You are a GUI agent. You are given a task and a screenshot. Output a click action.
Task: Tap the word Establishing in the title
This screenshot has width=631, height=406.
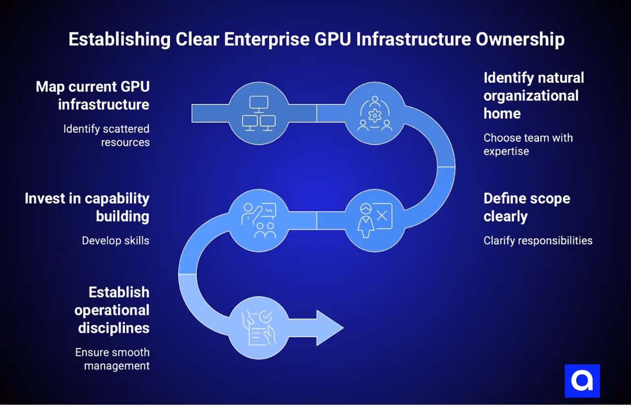pyautogui.click(x=119, y=39)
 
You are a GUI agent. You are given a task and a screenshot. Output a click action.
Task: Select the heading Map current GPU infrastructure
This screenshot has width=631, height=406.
pyautogui.click(x=93, y=96)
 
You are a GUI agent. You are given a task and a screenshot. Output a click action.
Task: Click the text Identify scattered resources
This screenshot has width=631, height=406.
pyautogui.click(x=106, y=136)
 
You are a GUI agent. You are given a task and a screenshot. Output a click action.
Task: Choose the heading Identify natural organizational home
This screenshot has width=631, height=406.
pyautogui.click(x=533, y=95)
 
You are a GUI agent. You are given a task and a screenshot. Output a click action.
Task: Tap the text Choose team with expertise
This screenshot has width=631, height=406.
pyautogui.click(x=528, y=144)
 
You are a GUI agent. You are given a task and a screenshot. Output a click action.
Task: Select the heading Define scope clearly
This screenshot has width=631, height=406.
pyautogui.click(x=526, y=207)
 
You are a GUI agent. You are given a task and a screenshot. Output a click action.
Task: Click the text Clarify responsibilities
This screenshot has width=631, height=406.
pyautogui.click(x=538, y=241)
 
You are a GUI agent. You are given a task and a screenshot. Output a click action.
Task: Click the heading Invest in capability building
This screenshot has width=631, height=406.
pyautogui.click(x=87, y=207)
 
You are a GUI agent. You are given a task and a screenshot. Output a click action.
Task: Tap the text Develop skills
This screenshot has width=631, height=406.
pyautogui.click(x=115, y=241)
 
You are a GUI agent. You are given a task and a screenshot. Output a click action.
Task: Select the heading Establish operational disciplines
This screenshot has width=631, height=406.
pyautogui.click(x=112, y=310)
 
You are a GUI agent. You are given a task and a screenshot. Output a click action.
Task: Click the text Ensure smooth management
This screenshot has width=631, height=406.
pyautogui.click(x=112, y=359)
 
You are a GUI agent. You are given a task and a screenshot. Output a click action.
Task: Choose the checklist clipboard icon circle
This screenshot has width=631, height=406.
pyautogui.click(x=258, y=328)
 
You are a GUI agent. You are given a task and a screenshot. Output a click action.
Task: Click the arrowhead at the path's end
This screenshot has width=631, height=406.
pyautogui.click(x=329, y=328)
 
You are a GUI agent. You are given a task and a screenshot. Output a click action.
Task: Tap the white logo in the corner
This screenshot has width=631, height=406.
pyautogui.click(x=582, y=381)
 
